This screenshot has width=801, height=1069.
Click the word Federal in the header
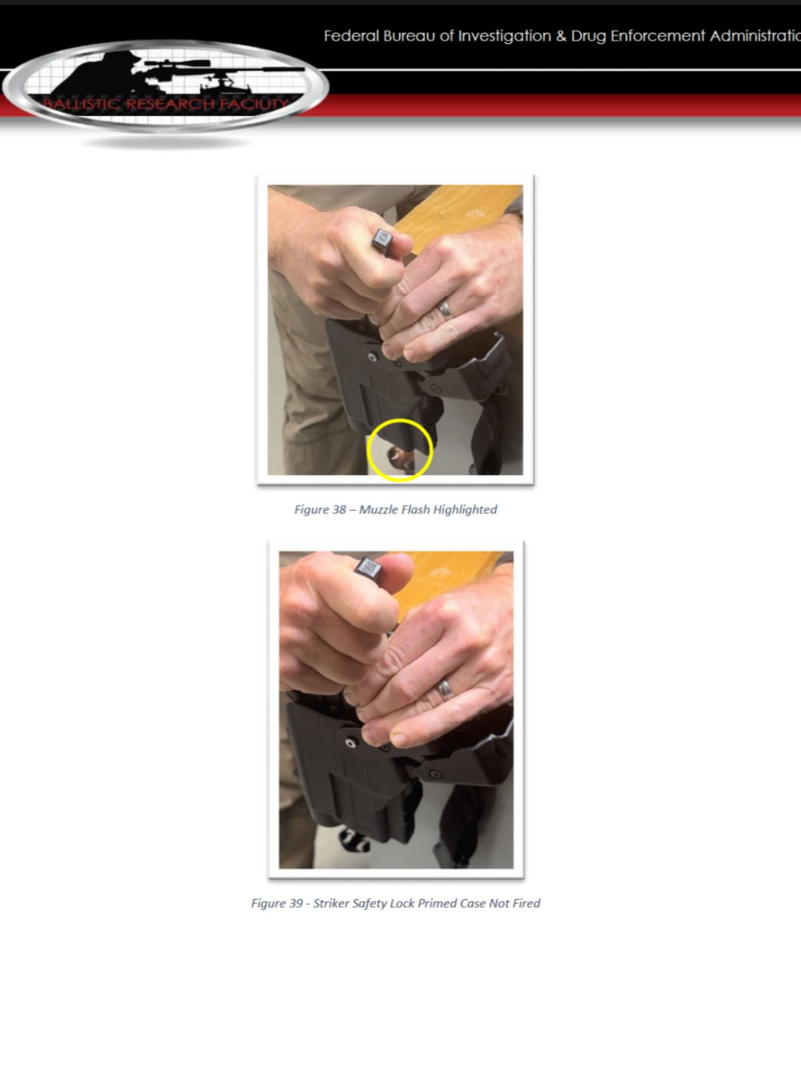coord(351,36)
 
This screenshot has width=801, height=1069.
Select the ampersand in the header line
coord(561,36)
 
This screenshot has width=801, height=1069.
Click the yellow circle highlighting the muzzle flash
coord(400,419)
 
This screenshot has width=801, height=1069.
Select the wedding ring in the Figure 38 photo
coord(445,308)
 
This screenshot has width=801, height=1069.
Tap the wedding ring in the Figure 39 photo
coord(445,689)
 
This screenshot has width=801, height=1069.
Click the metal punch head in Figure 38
coord(382,240)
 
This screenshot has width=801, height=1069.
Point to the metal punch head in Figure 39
coord(369,568)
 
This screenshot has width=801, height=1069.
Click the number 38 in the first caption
coord(339,509)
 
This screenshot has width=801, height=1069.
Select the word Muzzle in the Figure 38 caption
coord(378,509)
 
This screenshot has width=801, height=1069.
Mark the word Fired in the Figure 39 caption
coord(527,903)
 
